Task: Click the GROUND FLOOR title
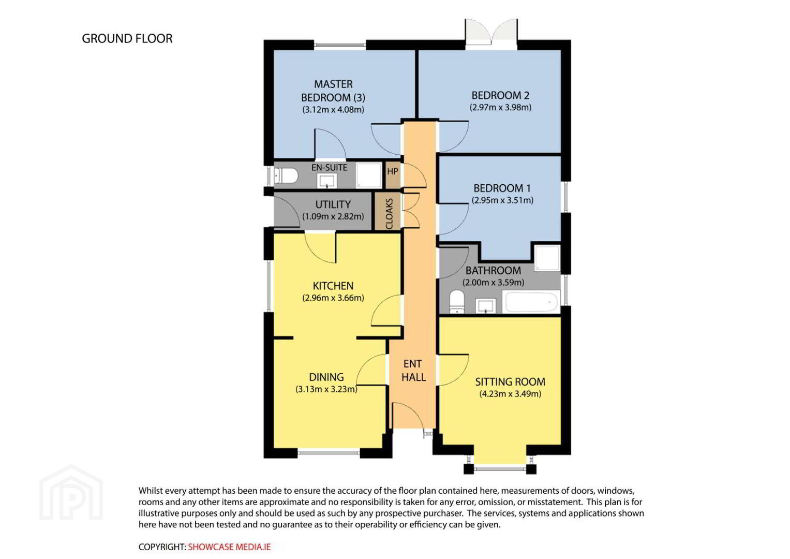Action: (x=127, y=38)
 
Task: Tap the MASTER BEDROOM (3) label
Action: (x=333, y=91)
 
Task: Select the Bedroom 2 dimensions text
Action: (x=500, y=107)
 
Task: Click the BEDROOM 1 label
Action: (x=502, y=188)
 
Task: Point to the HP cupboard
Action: (x=393, y=175)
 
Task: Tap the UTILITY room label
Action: (x=333, y=204)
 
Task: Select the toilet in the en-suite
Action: (x=286, y=175)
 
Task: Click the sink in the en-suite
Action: (x=327, y=181)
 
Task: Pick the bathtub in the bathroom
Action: (x=531, y=302)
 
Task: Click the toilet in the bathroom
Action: (x=457, y=302)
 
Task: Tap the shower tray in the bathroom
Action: (x=547, y=258)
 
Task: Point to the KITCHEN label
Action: (x=333, y=286)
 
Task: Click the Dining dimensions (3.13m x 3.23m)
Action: (x=326, y=389)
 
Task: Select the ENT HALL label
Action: (x=413, y=371)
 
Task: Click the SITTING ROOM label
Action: (x=510, y=382)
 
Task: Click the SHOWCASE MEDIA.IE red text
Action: (x=229, y=547)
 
